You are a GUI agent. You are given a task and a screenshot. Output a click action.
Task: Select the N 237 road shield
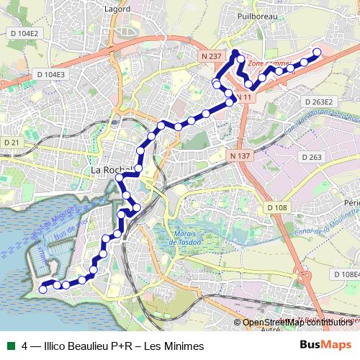[212, 55]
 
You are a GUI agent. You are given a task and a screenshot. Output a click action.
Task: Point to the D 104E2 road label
[23, 34]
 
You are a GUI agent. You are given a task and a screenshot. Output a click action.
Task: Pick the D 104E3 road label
[50, 74]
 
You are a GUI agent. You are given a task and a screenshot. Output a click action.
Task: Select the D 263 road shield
[312, 156]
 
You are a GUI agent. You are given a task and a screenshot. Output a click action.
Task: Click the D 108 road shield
[276, 207]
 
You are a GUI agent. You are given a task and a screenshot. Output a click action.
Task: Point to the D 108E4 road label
[346, 274]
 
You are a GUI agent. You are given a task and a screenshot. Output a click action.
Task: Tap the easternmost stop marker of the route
[316, 51]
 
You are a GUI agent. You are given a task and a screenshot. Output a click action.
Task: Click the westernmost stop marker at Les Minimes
[42, 289]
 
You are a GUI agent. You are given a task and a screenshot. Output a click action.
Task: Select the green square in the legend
[11, 345]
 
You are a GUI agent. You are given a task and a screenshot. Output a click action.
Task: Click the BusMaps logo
[326, 344]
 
